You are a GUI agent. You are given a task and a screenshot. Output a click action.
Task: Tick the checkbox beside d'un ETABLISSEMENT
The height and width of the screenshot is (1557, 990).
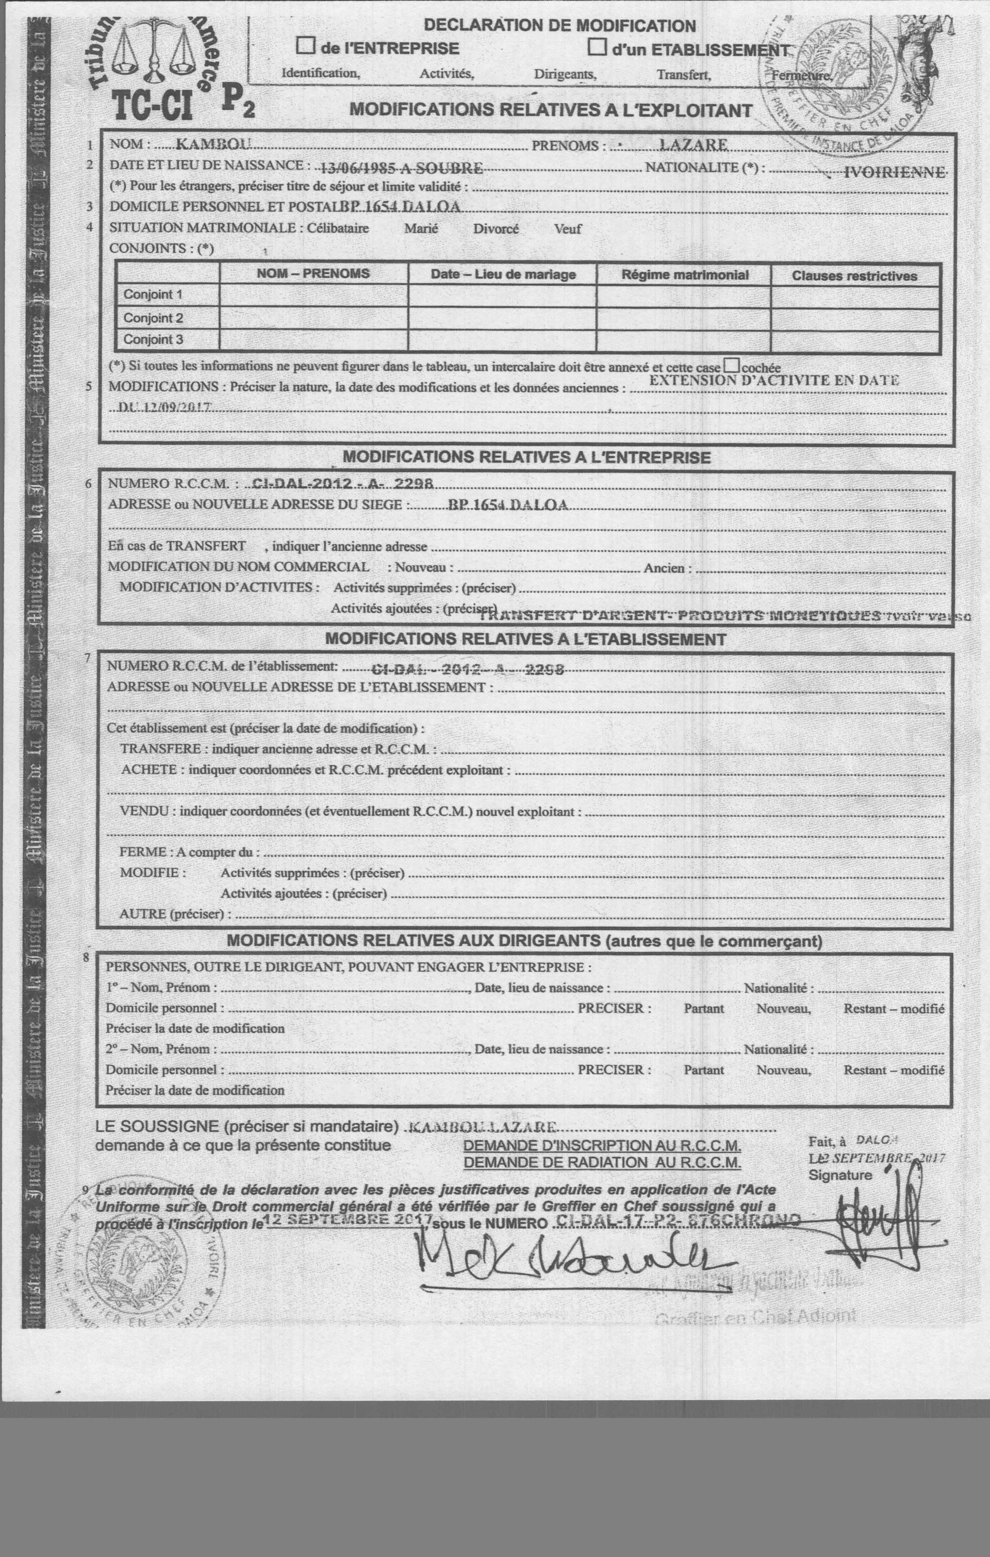pos(597,47)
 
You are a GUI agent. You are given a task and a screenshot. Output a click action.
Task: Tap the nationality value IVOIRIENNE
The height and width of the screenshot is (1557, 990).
pos(895,172)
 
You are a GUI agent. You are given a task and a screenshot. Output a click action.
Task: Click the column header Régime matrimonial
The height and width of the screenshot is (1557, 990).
pos(684,275)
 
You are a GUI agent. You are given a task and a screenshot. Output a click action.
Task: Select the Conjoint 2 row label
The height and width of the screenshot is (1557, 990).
pos(153,318)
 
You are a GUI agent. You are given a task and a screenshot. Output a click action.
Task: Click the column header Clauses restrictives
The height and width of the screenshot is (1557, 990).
pos(854,276)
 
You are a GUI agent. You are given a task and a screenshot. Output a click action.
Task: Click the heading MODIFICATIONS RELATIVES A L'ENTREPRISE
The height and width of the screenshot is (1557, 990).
pos(526,457)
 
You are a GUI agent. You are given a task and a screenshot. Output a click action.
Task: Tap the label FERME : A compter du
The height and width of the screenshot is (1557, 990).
pos(189,852)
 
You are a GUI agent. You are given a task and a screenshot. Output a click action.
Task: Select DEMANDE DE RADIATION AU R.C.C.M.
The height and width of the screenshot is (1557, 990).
pos(602,1162)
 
